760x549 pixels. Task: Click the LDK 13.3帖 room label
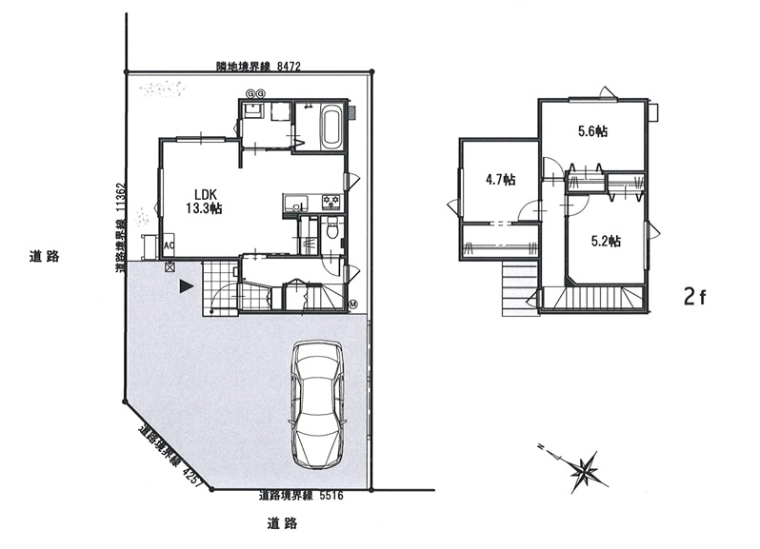click(204, 202)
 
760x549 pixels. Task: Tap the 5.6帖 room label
click(592, 131)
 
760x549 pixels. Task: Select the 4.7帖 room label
click(501, 180)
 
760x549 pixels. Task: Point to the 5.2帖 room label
click(606, 241)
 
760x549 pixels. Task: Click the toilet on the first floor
click(332, 227)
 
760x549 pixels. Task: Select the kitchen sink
click(294, 203)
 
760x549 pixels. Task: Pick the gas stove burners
click(332, 202)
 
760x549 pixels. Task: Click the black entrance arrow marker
click(186, 286)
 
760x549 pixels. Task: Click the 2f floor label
click(695, 296)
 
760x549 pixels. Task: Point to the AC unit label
click(170, 245)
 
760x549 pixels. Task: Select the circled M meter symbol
click(353, 304)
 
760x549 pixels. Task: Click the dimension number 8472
click(289, 67)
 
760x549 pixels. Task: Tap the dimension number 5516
click(331, 496)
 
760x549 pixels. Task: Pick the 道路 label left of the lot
click(44, 256)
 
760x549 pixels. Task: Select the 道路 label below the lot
click(282, 523)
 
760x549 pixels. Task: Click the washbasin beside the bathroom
click(253, 110)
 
